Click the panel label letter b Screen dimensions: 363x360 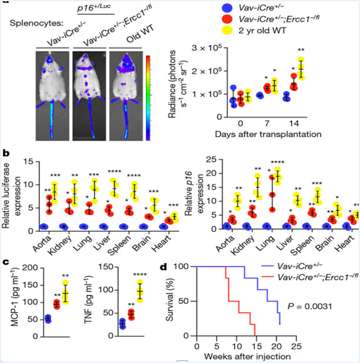click(5, 153)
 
